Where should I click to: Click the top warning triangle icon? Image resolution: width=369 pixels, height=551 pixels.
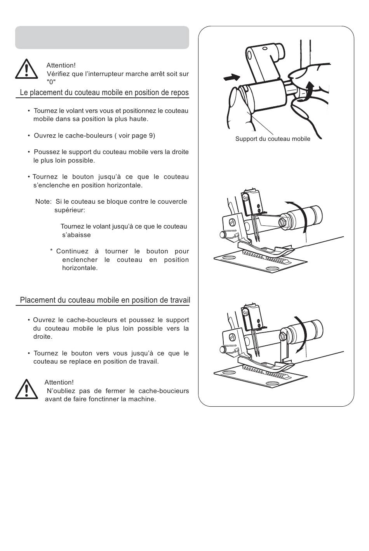click(26, 69)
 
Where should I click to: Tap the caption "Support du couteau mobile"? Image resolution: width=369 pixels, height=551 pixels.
click(273, 139)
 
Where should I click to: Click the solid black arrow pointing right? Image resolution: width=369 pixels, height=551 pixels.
click(231, 78)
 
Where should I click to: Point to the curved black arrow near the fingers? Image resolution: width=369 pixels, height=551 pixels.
click(307, 92)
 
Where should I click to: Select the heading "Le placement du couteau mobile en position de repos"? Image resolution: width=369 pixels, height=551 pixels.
click(104, 92)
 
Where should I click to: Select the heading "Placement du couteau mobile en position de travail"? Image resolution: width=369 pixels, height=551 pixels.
click(105, 300)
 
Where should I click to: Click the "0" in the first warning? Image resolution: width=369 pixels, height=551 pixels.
click(51, 82)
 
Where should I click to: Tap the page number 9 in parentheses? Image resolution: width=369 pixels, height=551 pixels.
click(151, 135)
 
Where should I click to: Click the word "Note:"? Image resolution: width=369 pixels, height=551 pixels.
click(44, 201)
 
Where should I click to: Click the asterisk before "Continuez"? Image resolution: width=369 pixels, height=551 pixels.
click(51, 250)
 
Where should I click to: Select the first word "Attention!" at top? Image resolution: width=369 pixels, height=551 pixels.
click(61, 66)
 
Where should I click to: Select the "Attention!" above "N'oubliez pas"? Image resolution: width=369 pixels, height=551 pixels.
click(59, 382)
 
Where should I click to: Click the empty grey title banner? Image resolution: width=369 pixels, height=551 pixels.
click(102, 37)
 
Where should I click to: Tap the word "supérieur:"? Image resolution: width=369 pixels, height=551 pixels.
click(70, 211)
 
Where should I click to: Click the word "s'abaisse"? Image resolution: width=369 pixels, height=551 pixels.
click(76, 235)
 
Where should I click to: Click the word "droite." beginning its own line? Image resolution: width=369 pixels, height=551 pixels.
click(43, 336)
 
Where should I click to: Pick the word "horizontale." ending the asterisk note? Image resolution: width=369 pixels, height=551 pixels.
click(80, 268)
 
